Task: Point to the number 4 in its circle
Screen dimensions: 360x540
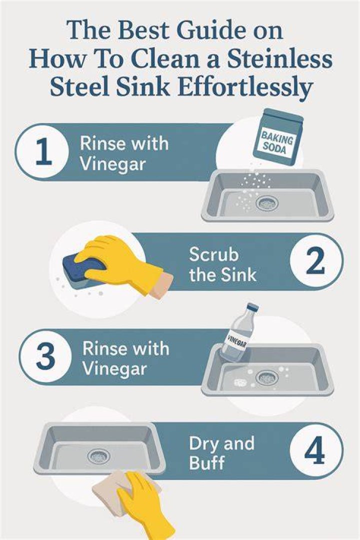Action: (x=314, y=451)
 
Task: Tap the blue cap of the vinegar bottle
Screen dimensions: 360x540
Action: (x=252, y=307)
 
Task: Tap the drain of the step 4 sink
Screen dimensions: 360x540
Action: (x=99, y=456)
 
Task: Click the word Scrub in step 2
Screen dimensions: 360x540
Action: (x=213, y=255)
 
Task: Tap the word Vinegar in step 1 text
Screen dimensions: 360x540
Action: (x=112, y=164)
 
